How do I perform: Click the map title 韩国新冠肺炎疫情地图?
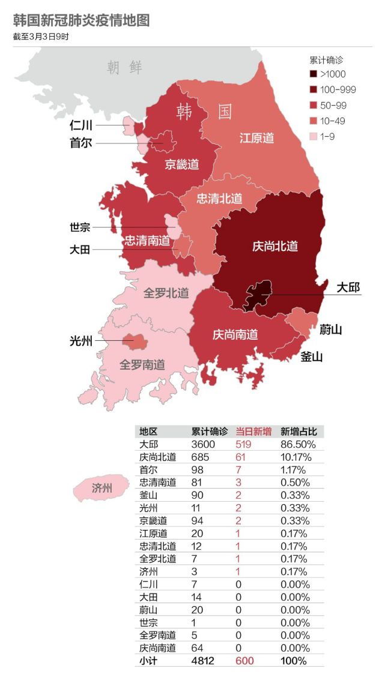[81, 20]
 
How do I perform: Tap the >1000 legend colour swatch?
[313, 74]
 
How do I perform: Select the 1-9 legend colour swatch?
[313, 137]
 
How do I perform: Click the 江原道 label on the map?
[256, 138]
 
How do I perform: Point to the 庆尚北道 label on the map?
[274, 246]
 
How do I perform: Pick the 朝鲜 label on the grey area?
[125, 67]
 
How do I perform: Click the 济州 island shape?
[102, 488]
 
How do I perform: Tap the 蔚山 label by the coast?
[330, 329]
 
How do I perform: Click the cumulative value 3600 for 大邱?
[202, 445]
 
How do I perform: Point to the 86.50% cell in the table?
[297, 445]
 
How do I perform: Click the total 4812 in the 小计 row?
[202, 660]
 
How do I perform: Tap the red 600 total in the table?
[245, 660]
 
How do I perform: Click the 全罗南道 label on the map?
[142, 364]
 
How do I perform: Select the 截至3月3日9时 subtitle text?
[41, 37]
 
